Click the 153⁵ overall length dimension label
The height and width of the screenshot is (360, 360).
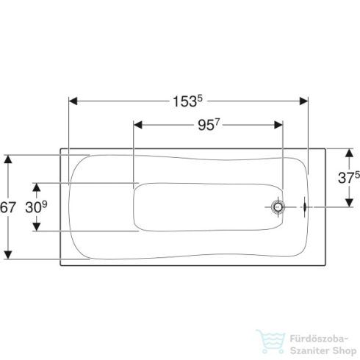coord(188,101)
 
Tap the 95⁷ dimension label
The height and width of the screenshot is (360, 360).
coord(209,125)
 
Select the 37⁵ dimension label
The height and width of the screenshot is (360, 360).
coord(349,178)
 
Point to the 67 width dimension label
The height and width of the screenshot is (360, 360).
coord(8,207)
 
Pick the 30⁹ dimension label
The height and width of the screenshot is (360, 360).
coord(36,207)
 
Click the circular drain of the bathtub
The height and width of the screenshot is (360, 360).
coord(278,207)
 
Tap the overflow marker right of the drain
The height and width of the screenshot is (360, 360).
coord(304,207)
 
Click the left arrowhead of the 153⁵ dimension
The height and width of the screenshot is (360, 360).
coord(73,101)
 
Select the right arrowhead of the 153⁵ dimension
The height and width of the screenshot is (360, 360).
coord(304,101)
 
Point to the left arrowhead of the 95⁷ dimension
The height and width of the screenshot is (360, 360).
coord(138,125)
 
